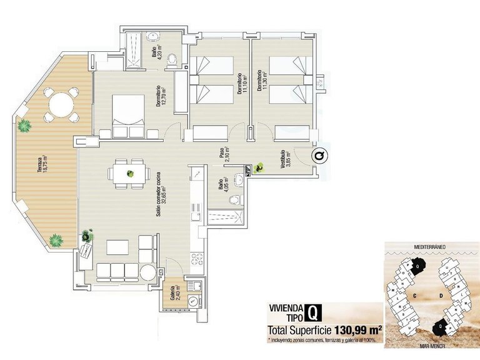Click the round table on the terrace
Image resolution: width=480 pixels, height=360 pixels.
pos(59,104)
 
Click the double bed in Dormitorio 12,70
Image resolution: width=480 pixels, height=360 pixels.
pos(127,116)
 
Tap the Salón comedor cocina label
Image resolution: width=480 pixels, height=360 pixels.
pos(160,193)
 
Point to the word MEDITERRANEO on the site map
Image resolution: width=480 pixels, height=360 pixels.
pos(425,247)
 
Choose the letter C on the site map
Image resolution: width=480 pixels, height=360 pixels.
pos(413,293)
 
